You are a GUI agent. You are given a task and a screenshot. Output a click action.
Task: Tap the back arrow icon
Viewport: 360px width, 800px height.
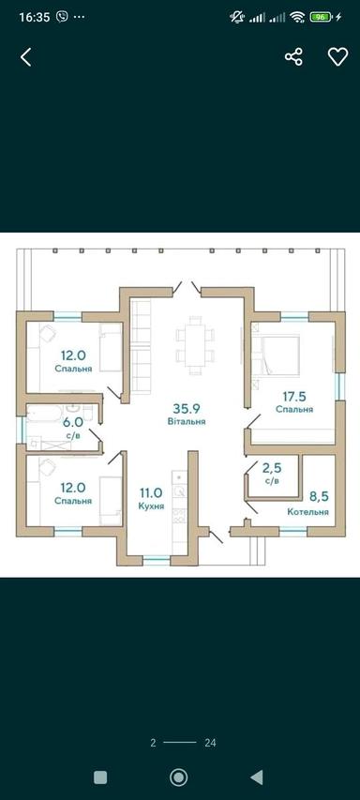coord(25,56)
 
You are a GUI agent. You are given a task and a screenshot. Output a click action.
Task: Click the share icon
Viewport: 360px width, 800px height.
coord(293,56)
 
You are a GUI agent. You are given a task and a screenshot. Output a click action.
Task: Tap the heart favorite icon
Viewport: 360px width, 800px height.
coord(337,56)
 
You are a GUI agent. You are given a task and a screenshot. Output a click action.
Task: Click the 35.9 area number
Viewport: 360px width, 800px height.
coord(187,409)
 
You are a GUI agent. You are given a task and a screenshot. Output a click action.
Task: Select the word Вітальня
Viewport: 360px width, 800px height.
coord(187,421)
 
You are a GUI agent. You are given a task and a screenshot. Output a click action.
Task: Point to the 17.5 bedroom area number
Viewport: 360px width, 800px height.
coord(294,396)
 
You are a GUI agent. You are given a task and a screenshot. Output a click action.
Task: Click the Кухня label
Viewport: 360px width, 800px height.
coord(151,506)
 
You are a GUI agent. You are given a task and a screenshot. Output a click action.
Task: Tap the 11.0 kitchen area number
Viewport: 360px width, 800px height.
coord(151,492)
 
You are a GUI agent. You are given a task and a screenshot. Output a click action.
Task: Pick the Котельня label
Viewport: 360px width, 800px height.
coord(307,512)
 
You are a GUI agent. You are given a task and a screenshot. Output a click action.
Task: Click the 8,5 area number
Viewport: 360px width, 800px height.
coord(319,495)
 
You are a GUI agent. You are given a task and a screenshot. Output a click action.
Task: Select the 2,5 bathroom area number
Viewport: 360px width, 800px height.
coord(272,467)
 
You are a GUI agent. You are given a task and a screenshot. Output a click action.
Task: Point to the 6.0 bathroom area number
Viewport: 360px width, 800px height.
coord(73,423)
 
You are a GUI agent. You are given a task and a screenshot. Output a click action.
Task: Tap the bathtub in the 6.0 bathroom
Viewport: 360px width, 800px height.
coord(45,414)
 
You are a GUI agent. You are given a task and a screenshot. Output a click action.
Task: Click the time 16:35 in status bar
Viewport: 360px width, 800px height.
coord(35,17)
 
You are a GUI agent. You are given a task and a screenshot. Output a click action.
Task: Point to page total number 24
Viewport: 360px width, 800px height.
coord(210,743)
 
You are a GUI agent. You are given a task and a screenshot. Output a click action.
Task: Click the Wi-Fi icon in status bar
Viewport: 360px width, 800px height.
coord(297,17)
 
